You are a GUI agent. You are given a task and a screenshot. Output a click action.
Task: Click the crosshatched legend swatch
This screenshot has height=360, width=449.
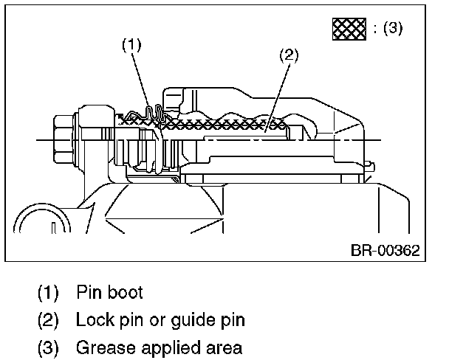tap(349, 29)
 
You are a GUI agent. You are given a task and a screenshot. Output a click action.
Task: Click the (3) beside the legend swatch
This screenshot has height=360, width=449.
tap(393, 28)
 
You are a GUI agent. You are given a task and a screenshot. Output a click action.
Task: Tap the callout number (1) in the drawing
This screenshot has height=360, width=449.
tap(131, 45)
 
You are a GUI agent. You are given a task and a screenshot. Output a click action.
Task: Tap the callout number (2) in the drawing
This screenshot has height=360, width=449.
tap(289, 55)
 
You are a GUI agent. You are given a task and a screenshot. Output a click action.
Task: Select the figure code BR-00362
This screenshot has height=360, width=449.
tap(385, 251)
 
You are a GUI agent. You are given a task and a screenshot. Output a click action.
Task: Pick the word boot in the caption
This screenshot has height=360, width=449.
tap(126, 292)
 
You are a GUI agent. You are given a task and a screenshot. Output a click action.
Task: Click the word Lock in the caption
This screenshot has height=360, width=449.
tap(95, 319)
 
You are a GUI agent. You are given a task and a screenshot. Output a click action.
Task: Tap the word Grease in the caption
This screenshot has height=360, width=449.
tap(106, 347)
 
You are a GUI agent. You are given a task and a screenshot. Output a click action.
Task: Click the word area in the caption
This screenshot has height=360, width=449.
tap(224, 349)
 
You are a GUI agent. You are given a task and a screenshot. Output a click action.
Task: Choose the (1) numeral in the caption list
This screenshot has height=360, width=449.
tap(48, 293)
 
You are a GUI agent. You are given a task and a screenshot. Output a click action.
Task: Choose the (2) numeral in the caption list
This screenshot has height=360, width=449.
tap(48, 320)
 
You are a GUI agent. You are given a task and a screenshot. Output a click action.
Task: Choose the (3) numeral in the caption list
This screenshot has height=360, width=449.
tap(48, 348)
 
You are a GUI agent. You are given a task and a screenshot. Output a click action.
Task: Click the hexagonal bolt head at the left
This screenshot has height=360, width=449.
tap(63, 139)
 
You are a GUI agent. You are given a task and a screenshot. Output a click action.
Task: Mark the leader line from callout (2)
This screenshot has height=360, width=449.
tap(277, 98)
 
